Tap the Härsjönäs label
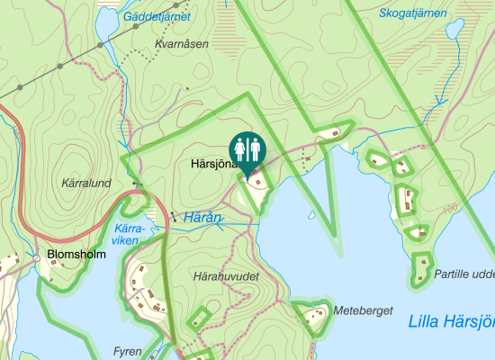213,165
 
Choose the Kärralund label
85,183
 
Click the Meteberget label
364,310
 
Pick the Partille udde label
464,274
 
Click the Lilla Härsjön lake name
451,321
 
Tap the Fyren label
128,351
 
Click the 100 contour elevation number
450,209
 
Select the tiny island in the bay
312,216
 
